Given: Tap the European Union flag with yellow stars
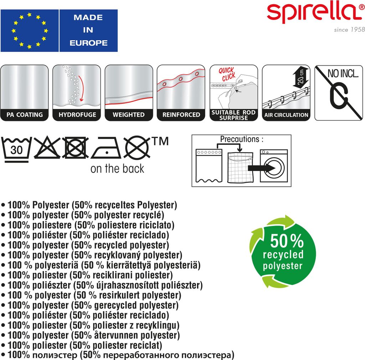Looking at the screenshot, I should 29,30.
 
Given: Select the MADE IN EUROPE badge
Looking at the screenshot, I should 88,30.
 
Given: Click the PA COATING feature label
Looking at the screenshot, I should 25,115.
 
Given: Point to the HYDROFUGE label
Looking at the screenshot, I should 77,115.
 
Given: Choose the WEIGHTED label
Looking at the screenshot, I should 129,115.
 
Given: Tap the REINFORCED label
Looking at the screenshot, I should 181,115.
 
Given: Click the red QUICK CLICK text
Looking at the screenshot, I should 227,74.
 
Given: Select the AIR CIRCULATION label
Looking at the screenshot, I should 286,115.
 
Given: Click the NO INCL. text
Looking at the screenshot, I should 338,74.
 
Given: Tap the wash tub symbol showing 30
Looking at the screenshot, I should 16,149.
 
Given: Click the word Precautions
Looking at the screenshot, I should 239,139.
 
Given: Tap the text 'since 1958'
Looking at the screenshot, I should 349,30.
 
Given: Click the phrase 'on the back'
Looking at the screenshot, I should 117,168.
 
